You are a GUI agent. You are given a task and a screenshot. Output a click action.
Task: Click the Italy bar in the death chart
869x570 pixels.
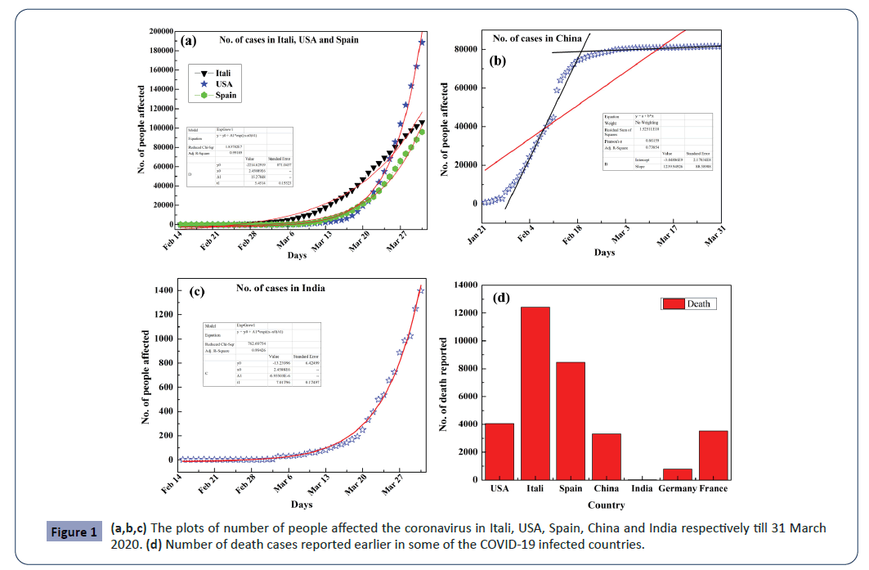point(535,393)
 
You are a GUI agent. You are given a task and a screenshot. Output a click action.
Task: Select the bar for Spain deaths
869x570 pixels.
point(571,420)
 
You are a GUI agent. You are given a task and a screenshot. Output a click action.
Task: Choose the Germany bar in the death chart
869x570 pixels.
point(678,474)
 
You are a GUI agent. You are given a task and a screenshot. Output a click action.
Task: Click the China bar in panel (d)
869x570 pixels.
point(606,456)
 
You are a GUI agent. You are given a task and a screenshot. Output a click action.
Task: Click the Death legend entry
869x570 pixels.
point(688,303)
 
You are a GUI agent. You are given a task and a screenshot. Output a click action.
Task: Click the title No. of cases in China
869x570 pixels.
point(537,38)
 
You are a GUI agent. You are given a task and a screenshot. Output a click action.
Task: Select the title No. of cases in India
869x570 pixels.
point(280,288)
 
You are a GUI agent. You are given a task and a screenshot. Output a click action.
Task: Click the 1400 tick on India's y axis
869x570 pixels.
point(162,291)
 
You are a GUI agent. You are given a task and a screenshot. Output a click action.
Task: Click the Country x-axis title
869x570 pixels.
point(606,505)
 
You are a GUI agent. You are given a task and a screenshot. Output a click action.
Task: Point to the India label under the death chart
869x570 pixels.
point(642,488)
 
